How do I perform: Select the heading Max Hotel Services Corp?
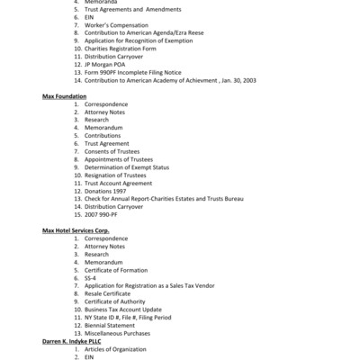click(x=79, y=230)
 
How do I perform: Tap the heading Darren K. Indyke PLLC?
click(x=76, y=341)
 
